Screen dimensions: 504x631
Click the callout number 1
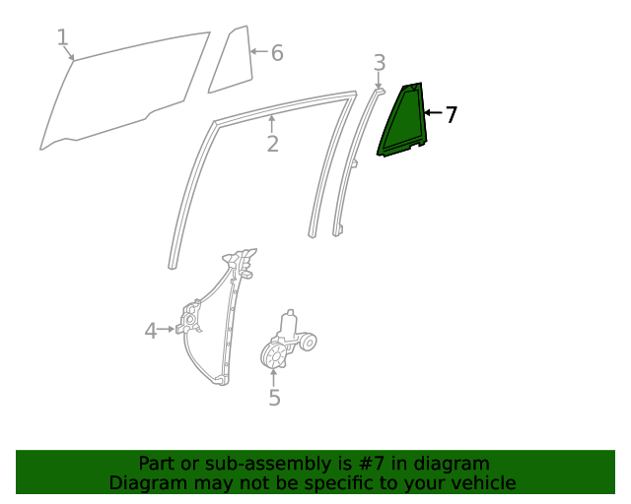(63, 37)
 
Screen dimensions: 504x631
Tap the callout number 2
(272, 144)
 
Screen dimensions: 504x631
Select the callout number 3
(380, 64)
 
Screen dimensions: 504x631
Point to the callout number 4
(151, 331)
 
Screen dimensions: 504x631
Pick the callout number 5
(274, 398)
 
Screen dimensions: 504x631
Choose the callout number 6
(277, 53)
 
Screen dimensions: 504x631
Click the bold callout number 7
(451, 115)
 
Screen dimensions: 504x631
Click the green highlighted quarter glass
(403, 123)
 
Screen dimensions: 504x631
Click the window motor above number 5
(288, 343)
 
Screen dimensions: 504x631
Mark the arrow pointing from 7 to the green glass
(432, 114)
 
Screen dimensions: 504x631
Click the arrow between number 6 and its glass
(258, 51)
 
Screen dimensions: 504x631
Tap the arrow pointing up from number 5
(274, 376)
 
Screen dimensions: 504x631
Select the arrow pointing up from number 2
(272, 123)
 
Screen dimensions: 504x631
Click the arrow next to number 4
(169, 330)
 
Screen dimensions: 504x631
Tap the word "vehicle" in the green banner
(482, 482)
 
